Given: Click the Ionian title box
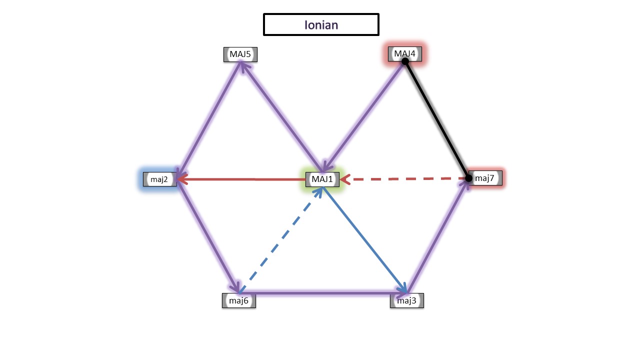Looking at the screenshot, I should (321, 24).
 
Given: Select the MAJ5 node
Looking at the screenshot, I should (240, 54).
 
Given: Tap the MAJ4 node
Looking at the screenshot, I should (405, 53).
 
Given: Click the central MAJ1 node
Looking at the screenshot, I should (322, 179).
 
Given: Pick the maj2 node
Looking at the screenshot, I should (159, 179).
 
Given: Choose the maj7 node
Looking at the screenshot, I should (484, 178).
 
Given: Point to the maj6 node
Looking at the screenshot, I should (239, 300).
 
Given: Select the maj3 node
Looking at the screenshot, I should (407, 300).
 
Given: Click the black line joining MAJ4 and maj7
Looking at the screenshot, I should (437, 120).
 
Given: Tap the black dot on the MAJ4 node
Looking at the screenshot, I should (405, 61).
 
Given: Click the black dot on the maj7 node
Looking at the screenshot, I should (468, 178).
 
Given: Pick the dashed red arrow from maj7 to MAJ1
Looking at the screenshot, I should (405, 178).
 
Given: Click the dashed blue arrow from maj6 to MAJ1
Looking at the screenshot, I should (280, 240).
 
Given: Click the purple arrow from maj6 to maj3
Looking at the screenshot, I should (322, 291).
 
